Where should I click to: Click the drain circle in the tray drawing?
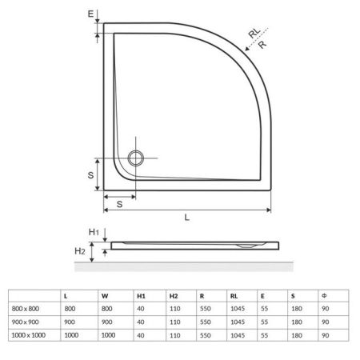click(x=135, y=157)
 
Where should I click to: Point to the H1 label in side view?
click(x=93, y=232)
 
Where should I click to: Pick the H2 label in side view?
click(x=80, y=251)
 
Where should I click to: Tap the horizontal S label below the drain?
click(x=118, y=205)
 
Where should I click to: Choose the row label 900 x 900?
click(x=25, y=321)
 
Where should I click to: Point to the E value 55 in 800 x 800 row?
click(x=263, y=308)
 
